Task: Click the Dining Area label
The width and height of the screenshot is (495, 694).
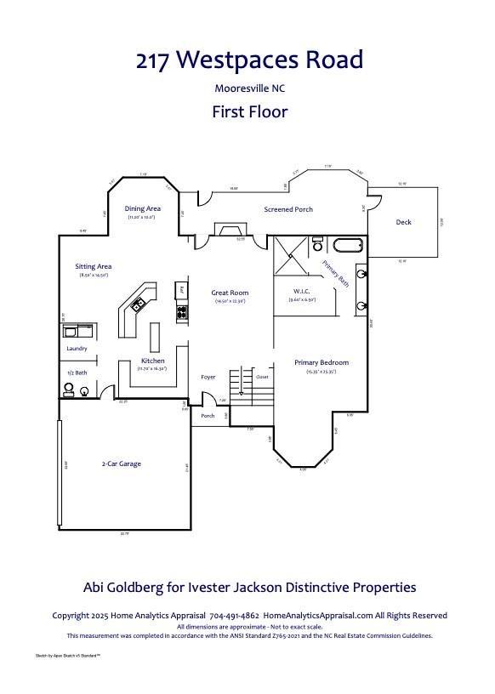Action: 142,208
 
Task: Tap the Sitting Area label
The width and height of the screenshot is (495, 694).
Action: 94,266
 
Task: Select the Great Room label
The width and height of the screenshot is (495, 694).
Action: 230,293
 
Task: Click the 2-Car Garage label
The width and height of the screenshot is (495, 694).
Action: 121,464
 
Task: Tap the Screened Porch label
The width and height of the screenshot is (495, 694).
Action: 288,209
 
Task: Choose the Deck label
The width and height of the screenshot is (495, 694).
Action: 404,222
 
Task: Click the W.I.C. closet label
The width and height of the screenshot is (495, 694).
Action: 302,291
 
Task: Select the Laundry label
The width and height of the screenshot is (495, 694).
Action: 77,349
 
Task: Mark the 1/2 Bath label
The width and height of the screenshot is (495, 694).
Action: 77,373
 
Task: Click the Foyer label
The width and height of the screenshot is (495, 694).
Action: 208,377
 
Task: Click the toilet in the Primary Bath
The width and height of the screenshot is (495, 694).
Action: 317,244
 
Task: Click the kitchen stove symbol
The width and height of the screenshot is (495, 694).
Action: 181,312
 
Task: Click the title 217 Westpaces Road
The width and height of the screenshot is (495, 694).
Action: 249,60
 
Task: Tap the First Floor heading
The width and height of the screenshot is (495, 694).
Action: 249,111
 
